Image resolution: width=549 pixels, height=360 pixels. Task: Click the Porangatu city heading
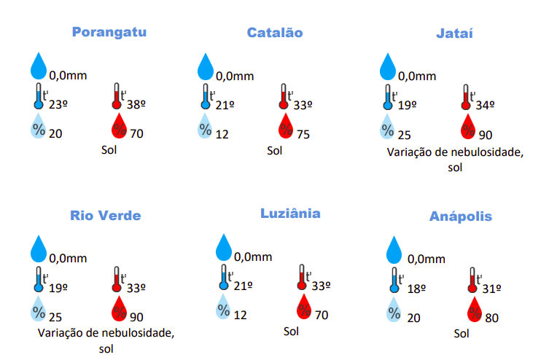(x=109, y=32)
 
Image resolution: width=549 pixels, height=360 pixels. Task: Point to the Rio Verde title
(x=106, y=216)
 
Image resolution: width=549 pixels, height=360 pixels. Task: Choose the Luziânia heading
(x=290, y=214)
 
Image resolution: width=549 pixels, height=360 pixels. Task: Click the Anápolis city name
(x=460, y=216)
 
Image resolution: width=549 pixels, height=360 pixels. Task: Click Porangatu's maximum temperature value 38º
(x=136, y=104)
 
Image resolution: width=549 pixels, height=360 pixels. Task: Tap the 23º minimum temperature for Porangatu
(x=58, y=104)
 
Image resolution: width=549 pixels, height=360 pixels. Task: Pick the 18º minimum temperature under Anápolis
(x=416, y=289)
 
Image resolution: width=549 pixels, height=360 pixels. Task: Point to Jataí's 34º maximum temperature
(x=485, y=105)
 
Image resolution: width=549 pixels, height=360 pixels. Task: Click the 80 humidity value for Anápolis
(x=491, y=318)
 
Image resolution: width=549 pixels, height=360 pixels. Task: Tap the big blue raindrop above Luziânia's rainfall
(x=225, y=247)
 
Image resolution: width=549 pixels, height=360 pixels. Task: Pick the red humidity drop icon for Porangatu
(x=119, y=128)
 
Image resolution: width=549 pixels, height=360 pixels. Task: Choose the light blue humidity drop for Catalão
(x=206, y=128)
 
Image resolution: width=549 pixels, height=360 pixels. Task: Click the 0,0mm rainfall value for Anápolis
(x=427, y=259)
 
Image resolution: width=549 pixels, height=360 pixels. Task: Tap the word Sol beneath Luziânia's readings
(x=292, y=331)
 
